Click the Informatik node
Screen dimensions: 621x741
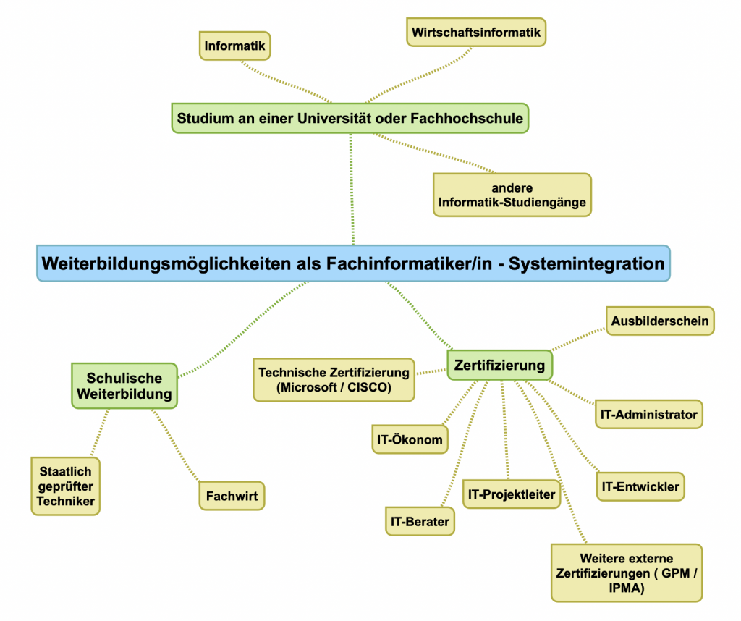(235, 46)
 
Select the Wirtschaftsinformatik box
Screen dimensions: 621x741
(475, 33)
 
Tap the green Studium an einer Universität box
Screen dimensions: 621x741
(350, 118)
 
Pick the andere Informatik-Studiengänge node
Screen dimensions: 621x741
(512, 195)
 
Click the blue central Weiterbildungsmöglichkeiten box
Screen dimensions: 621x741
(353, 263)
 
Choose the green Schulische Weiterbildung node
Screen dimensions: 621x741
(124, 386)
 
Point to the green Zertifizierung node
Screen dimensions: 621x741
(499, 365)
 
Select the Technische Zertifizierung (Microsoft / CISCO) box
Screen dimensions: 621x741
(334, 379)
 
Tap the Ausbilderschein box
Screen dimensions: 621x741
(659, 321)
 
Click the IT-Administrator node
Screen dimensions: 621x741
(648, 415)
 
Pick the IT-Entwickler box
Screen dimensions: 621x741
(640, 486)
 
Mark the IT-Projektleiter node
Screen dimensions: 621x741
(512, 494)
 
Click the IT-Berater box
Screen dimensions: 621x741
(420, 520)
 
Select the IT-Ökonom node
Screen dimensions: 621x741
(409, 439)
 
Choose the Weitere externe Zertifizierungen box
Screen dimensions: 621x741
(626, 573)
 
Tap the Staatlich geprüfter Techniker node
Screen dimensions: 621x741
(65, 486)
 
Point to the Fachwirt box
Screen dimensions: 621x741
(232, 497)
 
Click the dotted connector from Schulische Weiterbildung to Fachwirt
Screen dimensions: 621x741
(175, 446)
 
